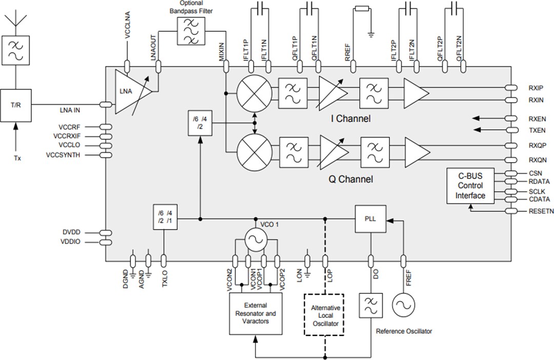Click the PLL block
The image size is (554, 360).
click(x=370, y=218)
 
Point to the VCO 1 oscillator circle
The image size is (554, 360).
click(x=255, y=238)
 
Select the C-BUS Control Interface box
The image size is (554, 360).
click(x=470, y=186)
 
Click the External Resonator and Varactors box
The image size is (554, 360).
click(x=255, y=313)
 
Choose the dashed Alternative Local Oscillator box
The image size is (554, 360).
click(x=325, y=314)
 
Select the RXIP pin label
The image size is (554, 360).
click(x=536, y=88)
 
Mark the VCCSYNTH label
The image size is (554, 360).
click(x=63, y=154)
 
